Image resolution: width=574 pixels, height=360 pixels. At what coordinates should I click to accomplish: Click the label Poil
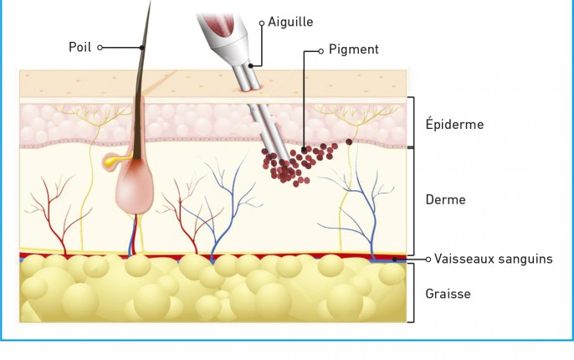click(79, 47)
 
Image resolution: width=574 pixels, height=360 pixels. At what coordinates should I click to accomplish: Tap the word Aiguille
click(290, 22)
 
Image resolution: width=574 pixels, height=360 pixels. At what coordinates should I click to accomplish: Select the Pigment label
click(354, 49)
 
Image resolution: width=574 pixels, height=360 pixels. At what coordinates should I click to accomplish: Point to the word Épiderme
click(454, 124)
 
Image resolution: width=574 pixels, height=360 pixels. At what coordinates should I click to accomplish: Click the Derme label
click(445, 199)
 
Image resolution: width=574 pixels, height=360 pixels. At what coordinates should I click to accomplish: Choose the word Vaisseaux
click(462, 259)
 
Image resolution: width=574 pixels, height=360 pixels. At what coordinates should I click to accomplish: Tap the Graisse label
click(448, 294)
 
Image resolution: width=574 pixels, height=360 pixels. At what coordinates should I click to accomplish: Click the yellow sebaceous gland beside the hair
click(112, 162)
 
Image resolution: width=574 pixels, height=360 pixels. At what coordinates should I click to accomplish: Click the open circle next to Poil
click(100, 48)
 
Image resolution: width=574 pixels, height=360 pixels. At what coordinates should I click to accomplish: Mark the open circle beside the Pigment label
click(320, 51)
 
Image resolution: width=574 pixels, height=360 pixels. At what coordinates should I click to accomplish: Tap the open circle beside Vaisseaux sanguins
click(428, 260)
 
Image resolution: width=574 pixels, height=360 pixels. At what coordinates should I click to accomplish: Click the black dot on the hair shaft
click(142, 48)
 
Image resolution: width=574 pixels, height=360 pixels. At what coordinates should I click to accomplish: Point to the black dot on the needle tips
click(251, 66)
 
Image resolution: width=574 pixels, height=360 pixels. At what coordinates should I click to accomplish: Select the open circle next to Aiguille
click(262, 23)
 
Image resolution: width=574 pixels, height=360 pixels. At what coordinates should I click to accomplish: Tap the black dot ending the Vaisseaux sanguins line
click(395, 260)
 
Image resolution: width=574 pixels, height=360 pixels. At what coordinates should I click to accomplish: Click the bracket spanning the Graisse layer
click(413, 293)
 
